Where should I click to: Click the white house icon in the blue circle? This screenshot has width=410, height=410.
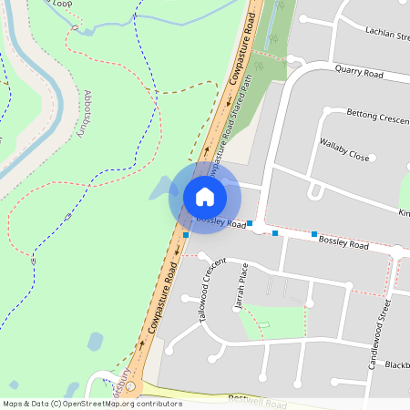[204, 197]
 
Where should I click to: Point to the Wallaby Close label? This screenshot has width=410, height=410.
[344, 149]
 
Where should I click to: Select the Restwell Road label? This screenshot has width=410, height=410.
[258, 401]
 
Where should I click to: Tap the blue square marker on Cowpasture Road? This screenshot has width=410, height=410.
[186, 235]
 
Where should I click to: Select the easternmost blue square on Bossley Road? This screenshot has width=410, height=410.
[314, 234]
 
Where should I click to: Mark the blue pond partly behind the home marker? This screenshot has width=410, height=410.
[160, 189]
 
